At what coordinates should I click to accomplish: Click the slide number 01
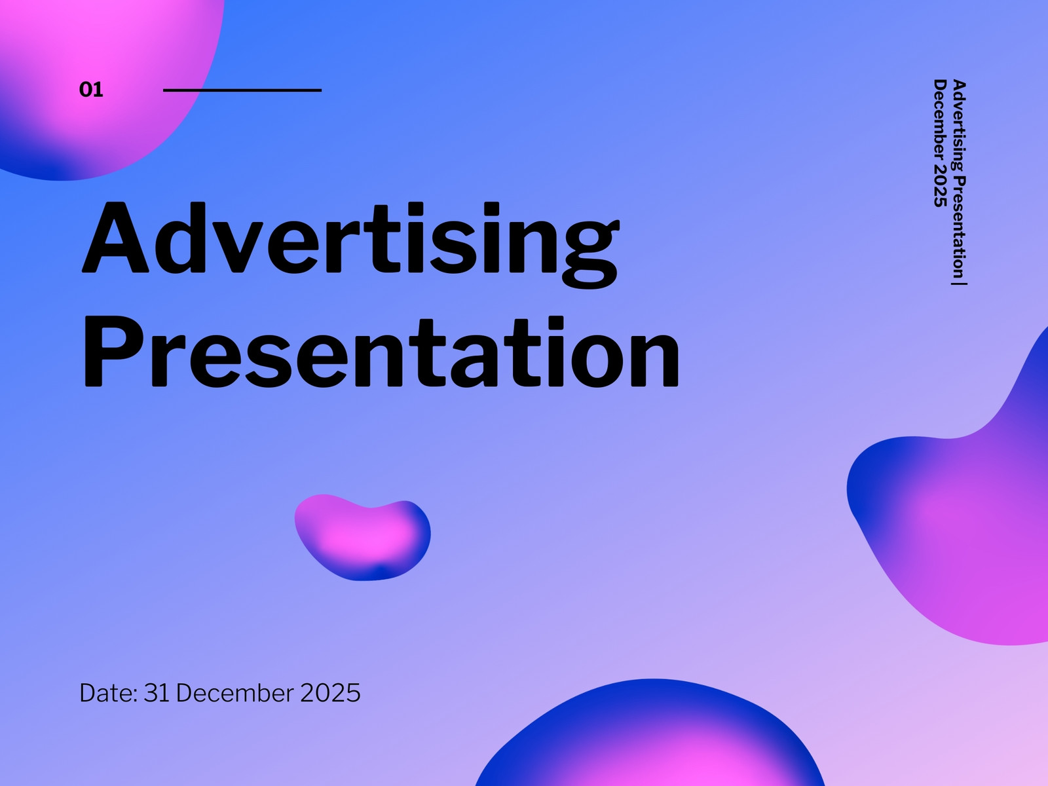[90, 90]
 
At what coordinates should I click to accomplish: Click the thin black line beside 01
[242, 90]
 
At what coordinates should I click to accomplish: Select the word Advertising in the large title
[351, 244]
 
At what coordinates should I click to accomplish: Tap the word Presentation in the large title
[381, 352]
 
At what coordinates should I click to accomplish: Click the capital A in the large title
[115, 237]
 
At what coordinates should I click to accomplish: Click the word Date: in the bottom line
[108, 692]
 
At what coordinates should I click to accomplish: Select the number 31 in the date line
[157, 692]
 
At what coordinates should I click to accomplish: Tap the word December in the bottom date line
[235, 692]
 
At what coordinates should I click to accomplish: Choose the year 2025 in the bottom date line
[330, 692]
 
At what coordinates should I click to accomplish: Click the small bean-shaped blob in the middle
[362, 537]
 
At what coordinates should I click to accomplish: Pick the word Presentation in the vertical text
[959, 227]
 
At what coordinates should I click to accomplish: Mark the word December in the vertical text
[940, 121]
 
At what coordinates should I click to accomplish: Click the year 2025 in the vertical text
[940, 186]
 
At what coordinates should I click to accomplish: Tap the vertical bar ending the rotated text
[959, 284]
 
